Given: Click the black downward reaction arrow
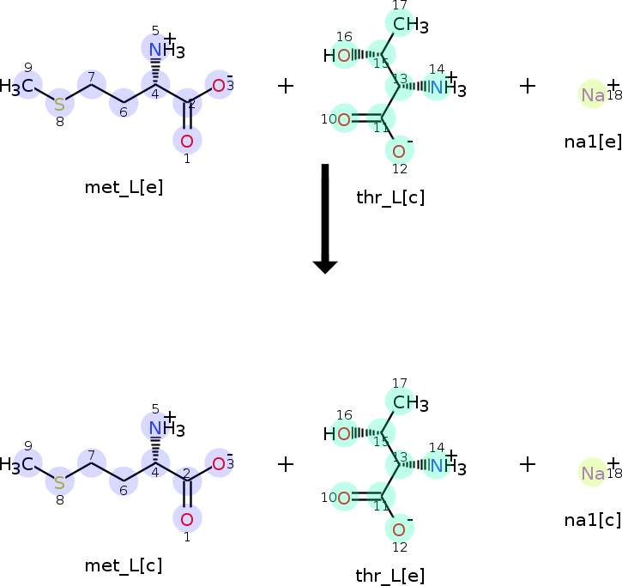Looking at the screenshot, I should [x=324, y=219].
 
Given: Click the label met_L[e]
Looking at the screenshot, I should [x=124, y=188].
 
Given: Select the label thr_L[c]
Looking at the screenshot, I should [x=390, y=198].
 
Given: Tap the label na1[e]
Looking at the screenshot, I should [x=593, y=141].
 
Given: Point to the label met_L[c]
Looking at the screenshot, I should [x=124, y=565].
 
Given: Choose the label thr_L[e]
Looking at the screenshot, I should [x=390, y=576].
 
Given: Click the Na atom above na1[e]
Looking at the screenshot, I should [x=593, y=94].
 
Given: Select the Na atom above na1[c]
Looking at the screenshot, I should [x=593, y=473].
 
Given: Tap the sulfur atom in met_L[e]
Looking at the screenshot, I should [x=59, y=105].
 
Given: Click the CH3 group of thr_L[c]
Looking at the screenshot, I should [x=409, y=25].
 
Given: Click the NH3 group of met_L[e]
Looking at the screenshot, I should [x=163, y=50].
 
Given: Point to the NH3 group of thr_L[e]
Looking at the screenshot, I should [x=444, y=466].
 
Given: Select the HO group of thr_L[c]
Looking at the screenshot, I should [x=338, y=57].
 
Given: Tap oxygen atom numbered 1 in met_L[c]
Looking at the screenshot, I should [x=187, y=517].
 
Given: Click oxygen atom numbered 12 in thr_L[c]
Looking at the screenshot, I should [x=399, y=152].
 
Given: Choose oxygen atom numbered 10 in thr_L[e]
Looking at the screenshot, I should [x=343, y=496].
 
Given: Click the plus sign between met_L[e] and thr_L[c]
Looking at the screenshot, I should [x=286, y=86].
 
